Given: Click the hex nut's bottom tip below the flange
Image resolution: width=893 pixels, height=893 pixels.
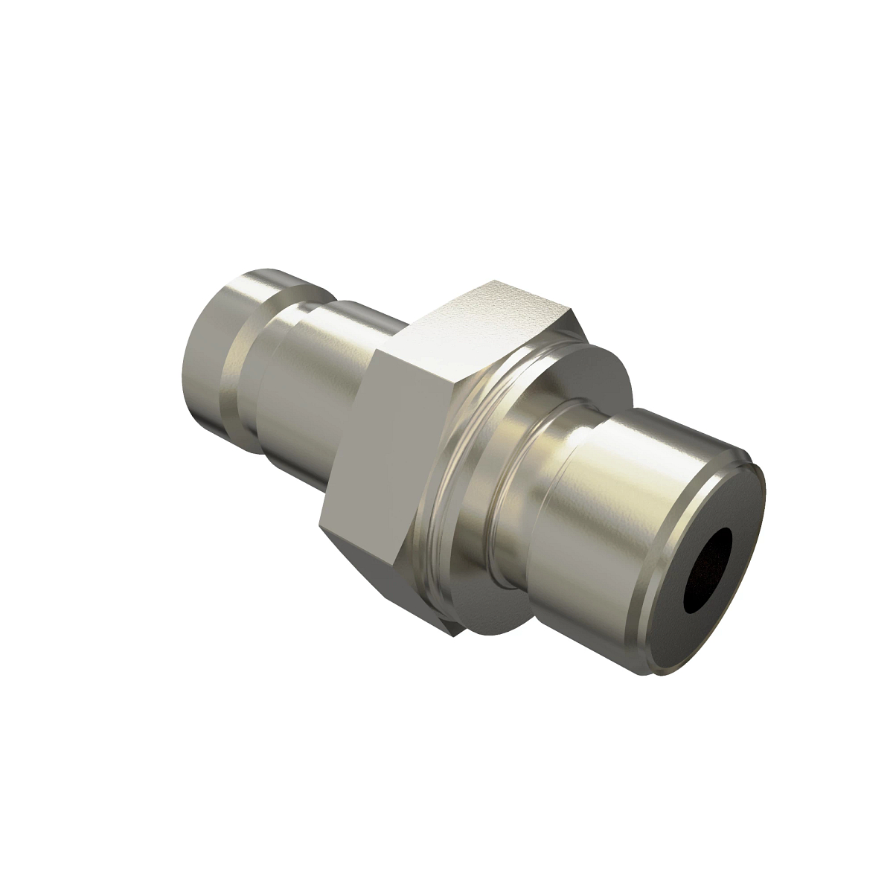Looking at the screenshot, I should pos(454,637).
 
